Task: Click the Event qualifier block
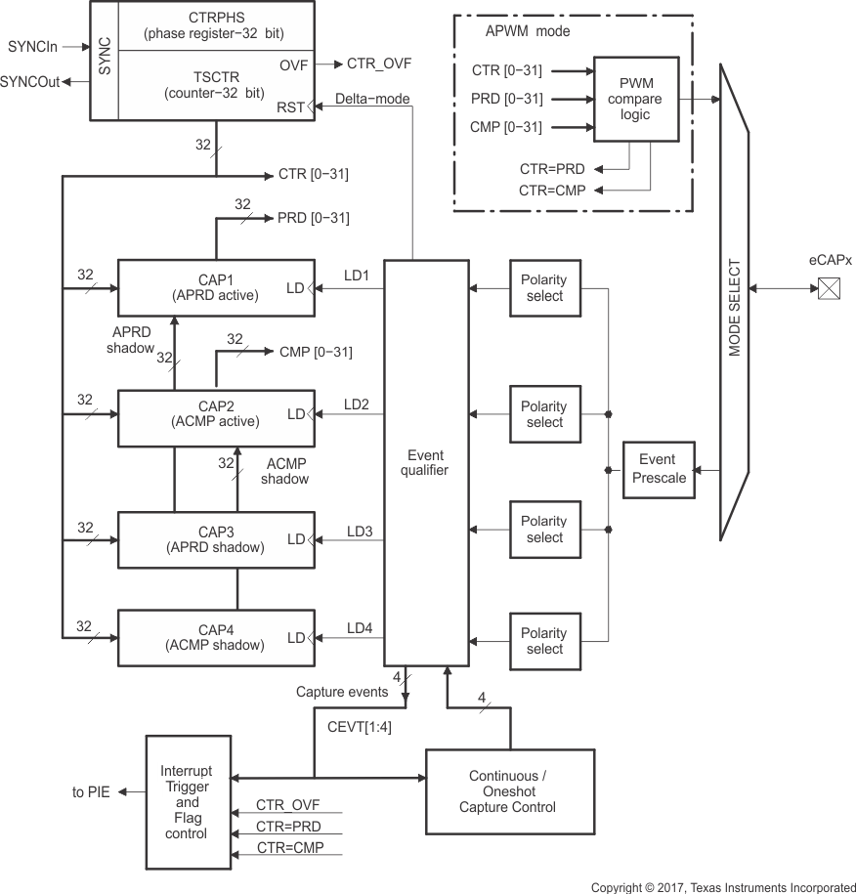pos(426,462)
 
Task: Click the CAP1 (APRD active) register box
pos(216,287)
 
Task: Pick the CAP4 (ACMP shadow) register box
pos(216,637)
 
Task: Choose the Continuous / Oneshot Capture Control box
pos(510,791)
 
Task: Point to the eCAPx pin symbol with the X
pos(829,288)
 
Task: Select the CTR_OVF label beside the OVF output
pos(379,64)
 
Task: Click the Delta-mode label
pos(371,99)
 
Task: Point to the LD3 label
pos(360,532)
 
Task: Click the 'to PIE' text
pos(91,791)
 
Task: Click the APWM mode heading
pos(528,31)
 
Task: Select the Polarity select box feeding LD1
pos(543,287)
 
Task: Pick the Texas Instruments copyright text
pos(723,887)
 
